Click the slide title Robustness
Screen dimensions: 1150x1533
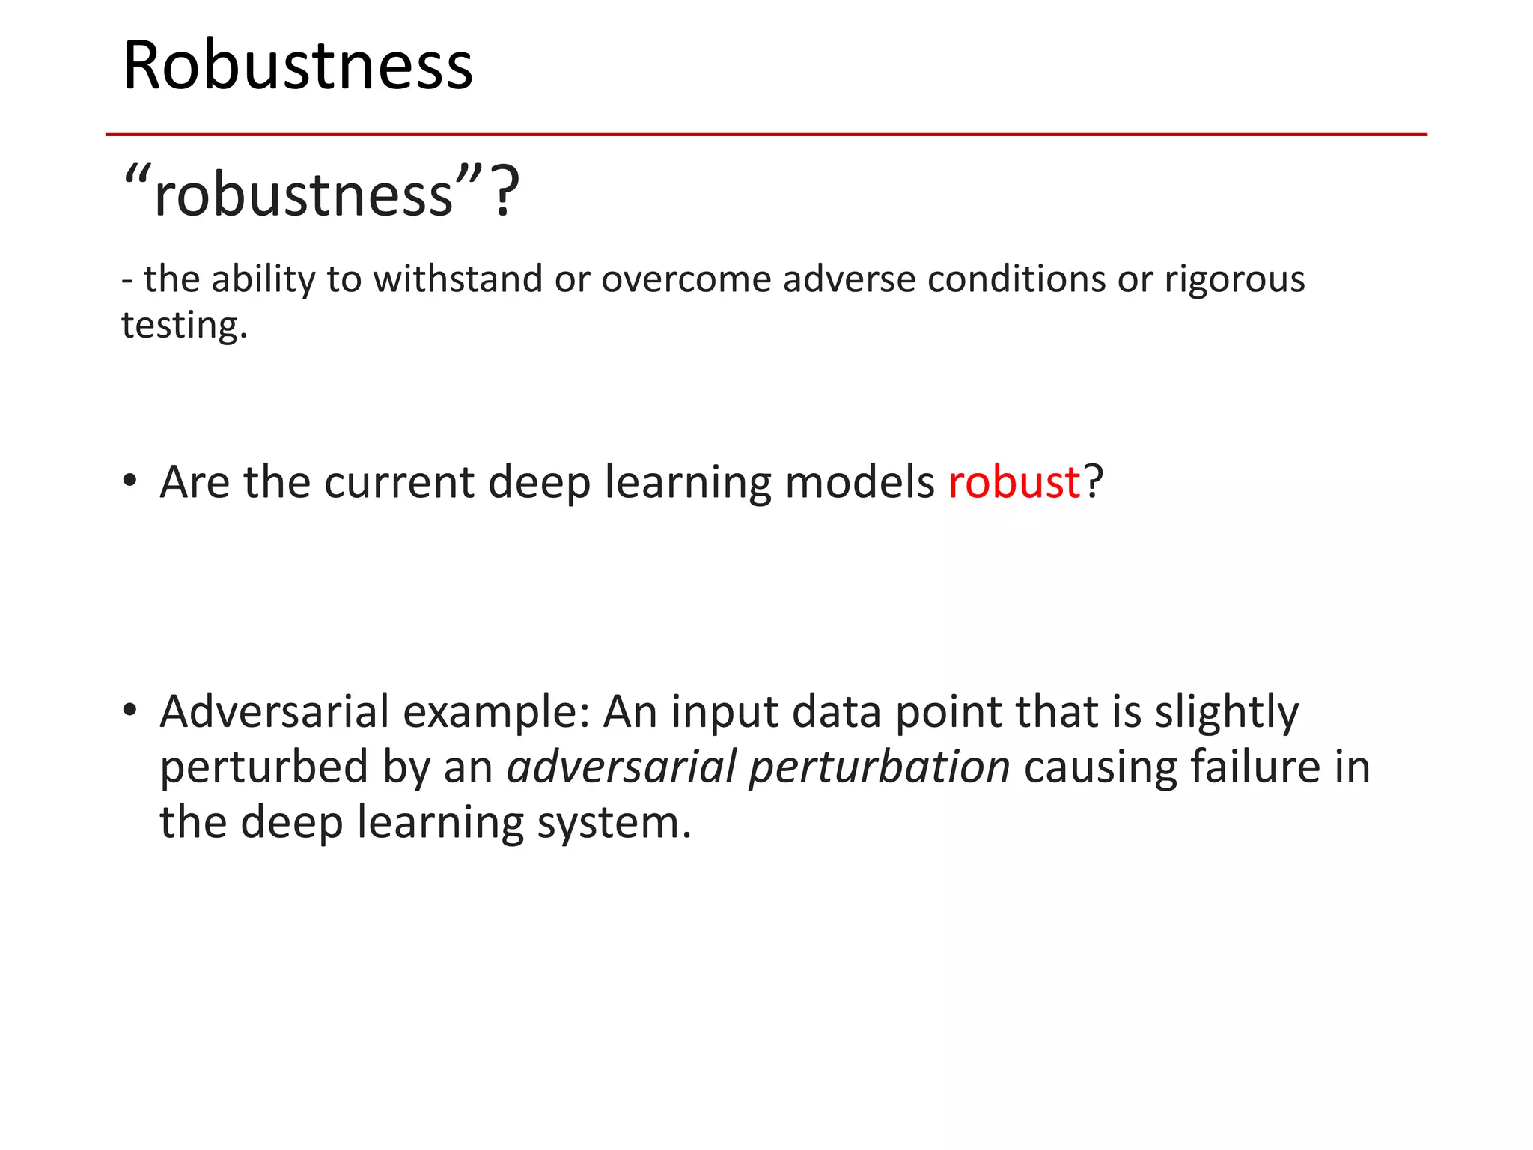pyautogui.click(x=298, y=66)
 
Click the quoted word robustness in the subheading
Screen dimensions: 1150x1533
pyautogui.click(x=303, y=195)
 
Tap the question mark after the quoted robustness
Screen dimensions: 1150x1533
pyautogui.click(x=506, y=194)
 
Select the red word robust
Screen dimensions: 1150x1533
pyautogui.click(x=1014, y=481)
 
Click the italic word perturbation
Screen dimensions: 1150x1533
pyautogui.click(x=880, y=767)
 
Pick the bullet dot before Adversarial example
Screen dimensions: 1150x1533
pyautogui.click(x=130, y=709)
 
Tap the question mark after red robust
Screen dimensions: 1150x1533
pyautogui.click(x=1094, y=481)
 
